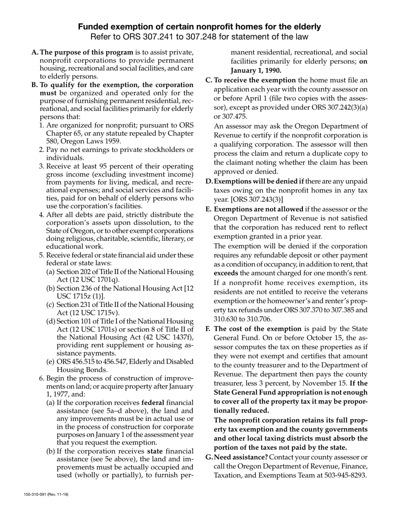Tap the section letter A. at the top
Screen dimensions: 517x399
coord(35,53)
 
